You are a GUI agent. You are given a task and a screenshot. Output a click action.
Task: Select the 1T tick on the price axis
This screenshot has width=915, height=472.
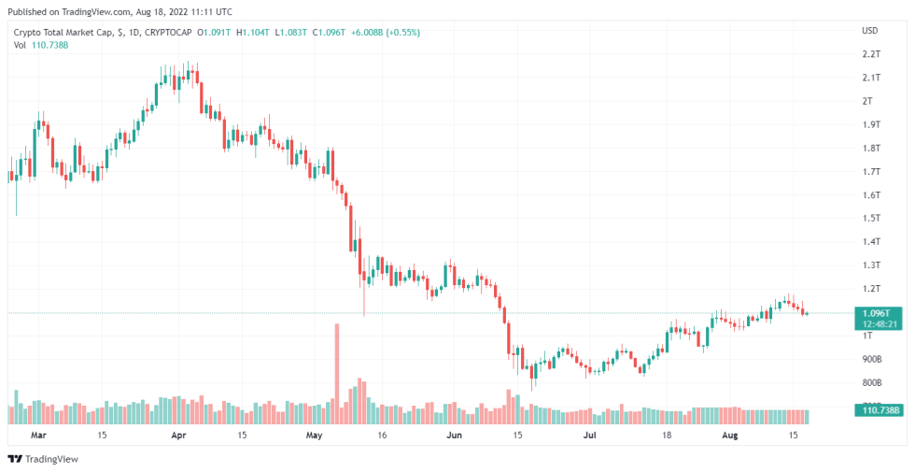(x=867, y=335)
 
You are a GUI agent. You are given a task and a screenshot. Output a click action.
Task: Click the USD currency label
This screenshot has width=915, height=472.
(x=869, y=31)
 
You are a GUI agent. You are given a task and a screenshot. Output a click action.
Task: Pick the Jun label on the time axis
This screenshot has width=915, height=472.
(x=454, y=436)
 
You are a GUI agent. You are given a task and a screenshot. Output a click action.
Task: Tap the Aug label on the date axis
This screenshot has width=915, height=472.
(x=730, y=436)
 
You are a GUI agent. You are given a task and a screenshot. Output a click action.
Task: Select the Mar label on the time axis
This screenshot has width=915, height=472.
(x=38, y=436)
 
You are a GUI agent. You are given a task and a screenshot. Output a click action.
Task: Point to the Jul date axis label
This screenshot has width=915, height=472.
(x=590, y=436)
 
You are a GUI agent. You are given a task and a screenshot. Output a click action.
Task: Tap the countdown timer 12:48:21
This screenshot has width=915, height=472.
(x=879, y=324)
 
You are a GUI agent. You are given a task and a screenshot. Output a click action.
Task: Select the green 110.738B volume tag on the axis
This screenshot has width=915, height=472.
(x=880, y=410)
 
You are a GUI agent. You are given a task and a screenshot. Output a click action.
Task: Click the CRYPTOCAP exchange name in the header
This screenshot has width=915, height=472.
(x=173, y=32)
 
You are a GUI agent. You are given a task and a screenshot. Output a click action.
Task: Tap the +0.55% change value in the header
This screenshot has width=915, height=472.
(x=402, y=32)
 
